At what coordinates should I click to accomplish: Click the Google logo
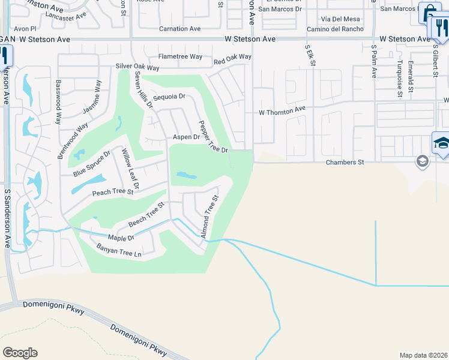20,353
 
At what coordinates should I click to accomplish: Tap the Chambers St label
345,162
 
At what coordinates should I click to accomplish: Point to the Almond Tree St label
209,216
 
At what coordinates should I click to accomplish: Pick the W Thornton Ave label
282,112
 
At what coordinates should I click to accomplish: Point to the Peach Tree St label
112,192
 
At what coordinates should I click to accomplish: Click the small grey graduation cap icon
423,161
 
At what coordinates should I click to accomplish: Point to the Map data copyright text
423,355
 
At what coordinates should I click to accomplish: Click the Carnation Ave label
179,29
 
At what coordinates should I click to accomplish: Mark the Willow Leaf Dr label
130,169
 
